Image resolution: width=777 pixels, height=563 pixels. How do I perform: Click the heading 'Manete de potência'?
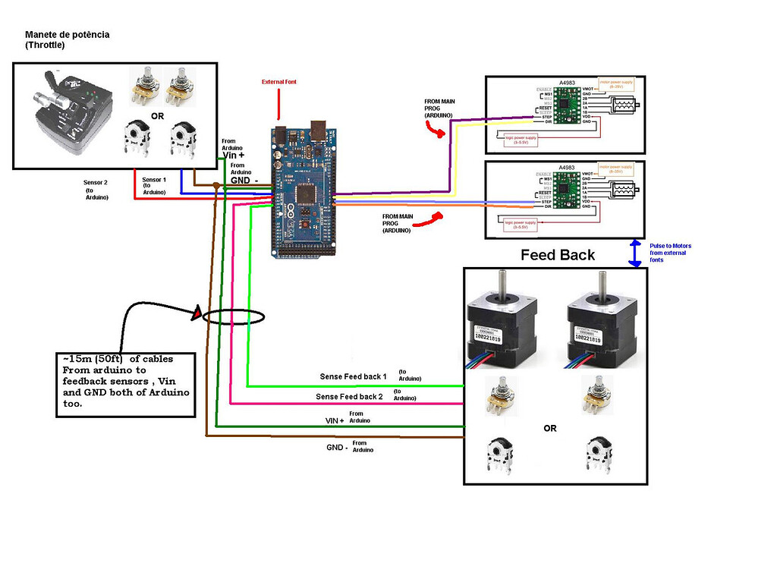coord(67,35)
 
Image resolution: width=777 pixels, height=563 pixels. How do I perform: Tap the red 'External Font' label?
coord(278,81)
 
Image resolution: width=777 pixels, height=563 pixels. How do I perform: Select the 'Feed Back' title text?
coord(558,255)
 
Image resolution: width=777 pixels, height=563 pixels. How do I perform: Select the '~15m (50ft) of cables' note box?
coord(125,384)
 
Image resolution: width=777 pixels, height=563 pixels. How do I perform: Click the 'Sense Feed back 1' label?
coord(352,377)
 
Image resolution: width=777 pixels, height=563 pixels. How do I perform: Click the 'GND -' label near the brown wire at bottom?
coord(337,448)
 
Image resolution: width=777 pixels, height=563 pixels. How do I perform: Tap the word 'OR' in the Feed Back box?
coord(550,429)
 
